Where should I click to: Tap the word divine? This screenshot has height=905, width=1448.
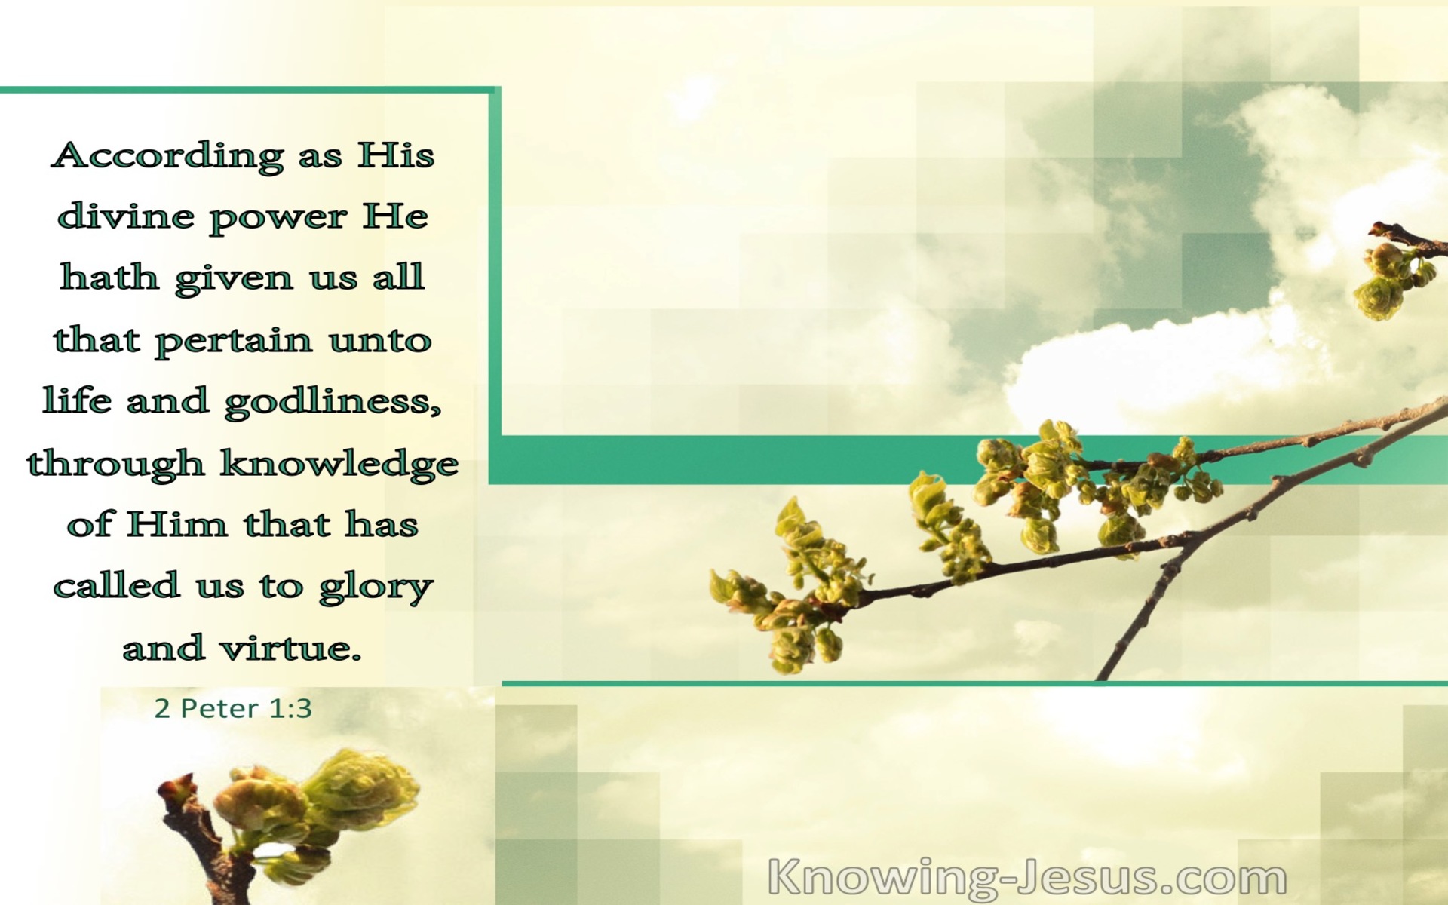click(126, 216)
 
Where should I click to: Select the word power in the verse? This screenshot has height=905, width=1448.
click(278, 219)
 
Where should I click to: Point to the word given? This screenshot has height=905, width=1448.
click(234, 279)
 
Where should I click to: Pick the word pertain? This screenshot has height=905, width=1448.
click(234, 341)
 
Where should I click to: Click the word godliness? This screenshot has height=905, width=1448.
click(333, 401)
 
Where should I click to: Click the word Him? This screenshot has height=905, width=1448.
click(177, 523)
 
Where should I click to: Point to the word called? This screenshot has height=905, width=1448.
click(116, 585)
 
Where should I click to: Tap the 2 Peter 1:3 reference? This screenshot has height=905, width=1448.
click(233, 708)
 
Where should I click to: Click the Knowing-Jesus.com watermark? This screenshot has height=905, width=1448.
click(1027, 878)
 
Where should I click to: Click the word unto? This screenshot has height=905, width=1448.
click(380, 341)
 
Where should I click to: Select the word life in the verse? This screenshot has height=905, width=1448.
click(77, 400)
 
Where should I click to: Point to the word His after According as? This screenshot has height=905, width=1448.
click(396, 155)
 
